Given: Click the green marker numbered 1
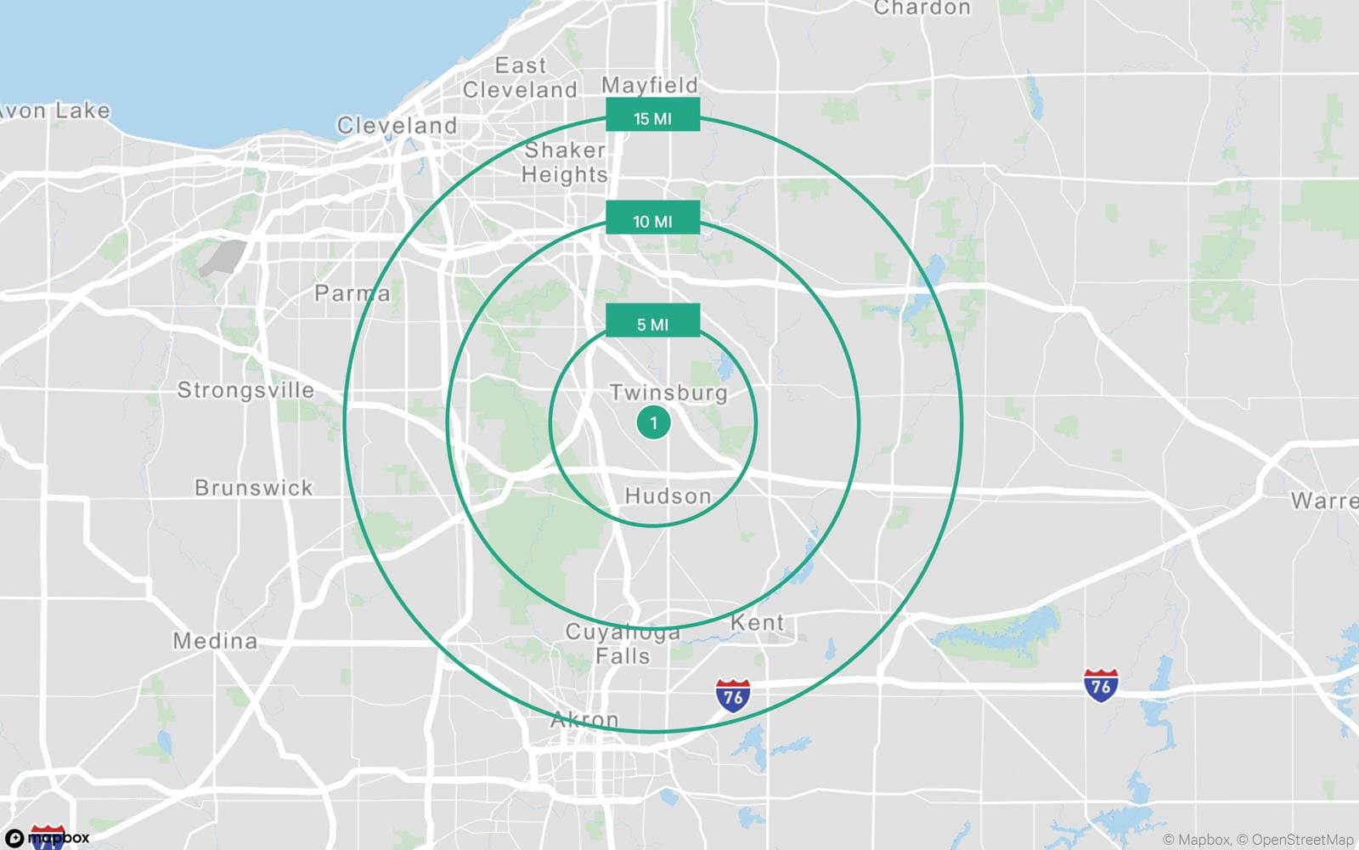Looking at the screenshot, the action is coord(653,422).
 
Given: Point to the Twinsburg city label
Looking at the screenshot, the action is coord(668,393).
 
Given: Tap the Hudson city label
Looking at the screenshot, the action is coord(668,496).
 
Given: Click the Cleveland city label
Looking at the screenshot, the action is coord(397,126).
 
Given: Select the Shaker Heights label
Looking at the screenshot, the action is coord(565,162).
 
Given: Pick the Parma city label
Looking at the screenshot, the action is coord(352,294).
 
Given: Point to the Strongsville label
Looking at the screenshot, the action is coord(245,391).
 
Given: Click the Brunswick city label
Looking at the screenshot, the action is coord(254,488).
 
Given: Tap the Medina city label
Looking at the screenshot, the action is coord(215,641).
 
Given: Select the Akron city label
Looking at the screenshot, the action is coord(584,720).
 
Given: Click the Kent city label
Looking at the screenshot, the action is coord(757,623).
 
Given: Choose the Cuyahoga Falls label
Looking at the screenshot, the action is coord(623,644).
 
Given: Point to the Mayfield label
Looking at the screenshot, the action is coord(650,85).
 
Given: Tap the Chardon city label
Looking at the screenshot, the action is coord(922,8).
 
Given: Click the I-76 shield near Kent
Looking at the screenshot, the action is coord(733,695).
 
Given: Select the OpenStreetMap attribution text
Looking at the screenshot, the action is coord(1302,840).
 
